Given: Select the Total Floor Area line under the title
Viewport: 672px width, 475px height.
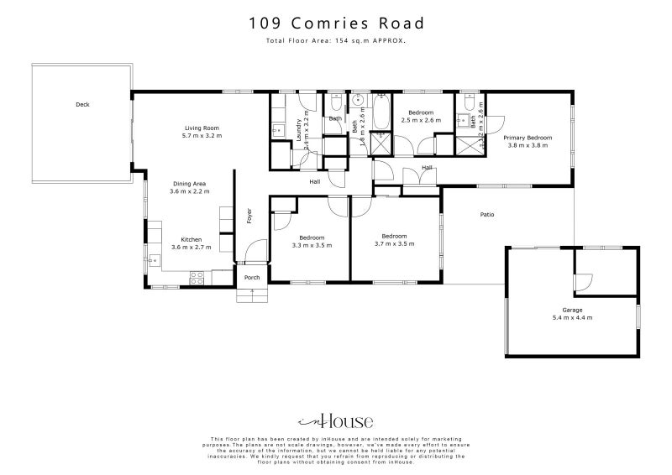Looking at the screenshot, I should [x=335, y=40].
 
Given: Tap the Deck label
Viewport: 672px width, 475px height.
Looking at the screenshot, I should [x=82, y=105].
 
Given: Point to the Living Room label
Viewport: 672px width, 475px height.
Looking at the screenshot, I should [x=202, y=128].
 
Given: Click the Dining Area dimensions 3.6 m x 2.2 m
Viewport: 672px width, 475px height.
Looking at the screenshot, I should [x=189, y=191].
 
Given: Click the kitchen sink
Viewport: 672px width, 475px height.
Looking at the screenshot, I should [x=154, y=260].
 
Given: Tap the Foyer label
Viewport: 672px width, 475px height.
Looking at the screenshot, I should [x=249, y=217].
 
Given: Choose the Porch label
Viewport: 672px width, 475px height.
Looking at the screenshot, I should [x=251, y=277].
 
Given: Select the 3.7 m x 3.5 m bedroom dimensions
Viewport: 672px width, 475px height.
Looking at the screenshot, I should [x=395, y=244].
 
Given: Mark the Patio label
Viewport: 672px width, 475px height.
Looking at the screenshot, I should [x=486, y=215].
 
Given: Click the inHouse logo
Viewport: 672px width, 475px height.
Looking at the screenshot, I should [x=335, y=421].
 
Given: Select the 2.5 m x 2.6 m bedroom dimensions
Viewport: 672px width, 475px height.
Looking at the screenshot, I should [x=420, y=120].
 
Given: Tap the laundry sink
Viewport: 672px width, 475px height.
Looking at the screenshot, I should [x=277, y=130].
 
